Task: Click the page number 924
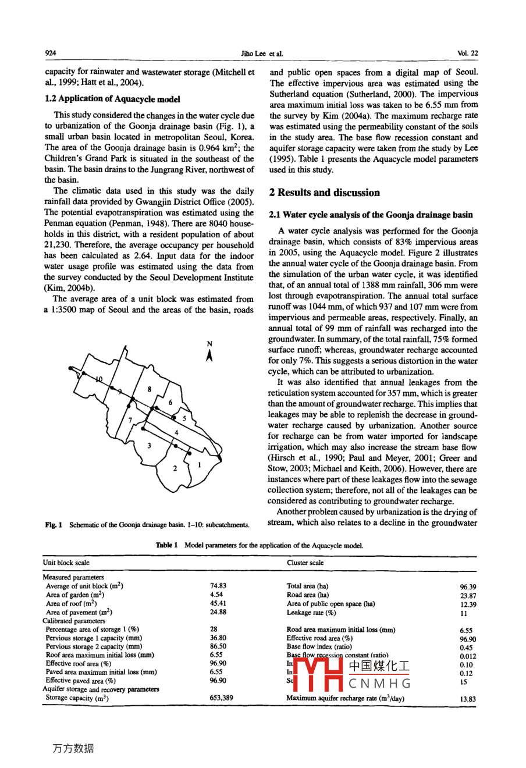coord(51,53)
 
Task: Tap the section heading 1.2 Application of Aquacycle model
coord(112,99)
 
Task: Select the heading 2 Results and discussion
coord(324,193)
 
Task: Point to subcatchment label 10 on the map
coord(99,379)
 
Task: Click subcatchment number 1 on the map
coord(199,464)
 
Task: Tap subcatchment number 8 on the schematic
coord(150,389)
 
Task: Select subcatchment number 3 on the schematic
coord(150,446)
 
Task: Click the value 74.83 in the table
coord(218,586)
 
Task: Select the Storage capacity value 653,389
coord(221,698)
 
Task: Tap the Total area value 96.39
coord(467,587)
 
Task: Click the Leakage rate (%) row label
coord(311,613)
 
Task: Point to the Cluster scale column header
coord(305,563)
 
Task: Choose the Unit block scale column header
coord(66,563)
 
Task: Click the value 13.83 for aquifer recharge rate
coord(467,699)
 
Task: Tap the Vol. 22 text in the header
coord(467,53)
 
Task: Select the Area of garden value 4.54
coord(216,595)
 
